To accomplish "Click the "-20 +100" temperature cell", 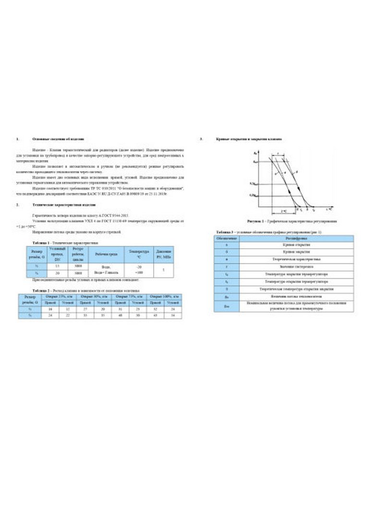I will click(138, 269).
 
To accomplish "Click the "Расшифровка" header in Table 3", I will click(294, 238).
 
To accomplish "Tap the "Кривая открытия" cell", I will click(294, 245).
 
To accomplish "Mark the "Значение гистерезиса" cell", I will click(294, 265).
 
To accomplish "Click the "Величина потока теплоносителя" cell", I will click(294, 297).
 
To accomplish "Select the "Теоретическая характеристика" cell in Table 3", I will click(294, 259).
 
